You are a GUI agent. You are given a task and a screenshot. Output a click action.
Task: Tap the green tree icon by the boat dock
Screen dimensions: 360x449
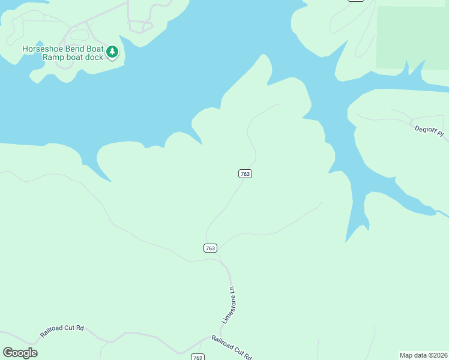[x=112, y=53]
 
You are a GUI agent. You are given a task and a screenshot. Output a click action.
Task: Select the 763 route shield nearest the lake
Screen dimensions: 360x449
[x=245, y=173]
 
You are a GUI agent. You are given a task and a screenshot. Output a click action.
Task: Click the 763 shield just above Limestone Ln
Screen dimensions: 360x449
[x=210, y=248]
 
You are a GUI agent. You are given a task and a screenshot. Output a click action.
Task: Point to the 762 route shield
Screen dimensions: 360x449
[x=198, y=357]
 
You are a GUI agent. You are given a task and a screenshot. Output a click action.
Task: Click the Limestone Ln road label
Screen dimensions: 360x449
[x=229, y=305]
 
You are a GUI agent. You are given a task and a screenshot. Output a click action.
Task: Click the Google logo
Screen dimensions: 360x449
[x=20, y=353]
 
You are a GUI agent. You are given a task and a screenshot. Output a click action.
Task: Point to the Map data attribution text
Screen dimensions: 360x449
[x=424, y=355]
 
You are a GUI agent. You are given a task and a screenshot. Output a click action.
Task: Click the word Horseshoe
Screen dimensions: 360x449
[x=45, y=49]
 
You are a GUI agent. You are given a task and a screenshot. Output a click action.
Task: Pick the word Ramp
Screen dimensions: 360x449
[x=52, y=57]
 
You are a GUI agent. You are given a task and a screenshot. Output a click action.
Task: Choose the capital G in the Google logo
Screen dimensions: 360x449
[x=8, y=353]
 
